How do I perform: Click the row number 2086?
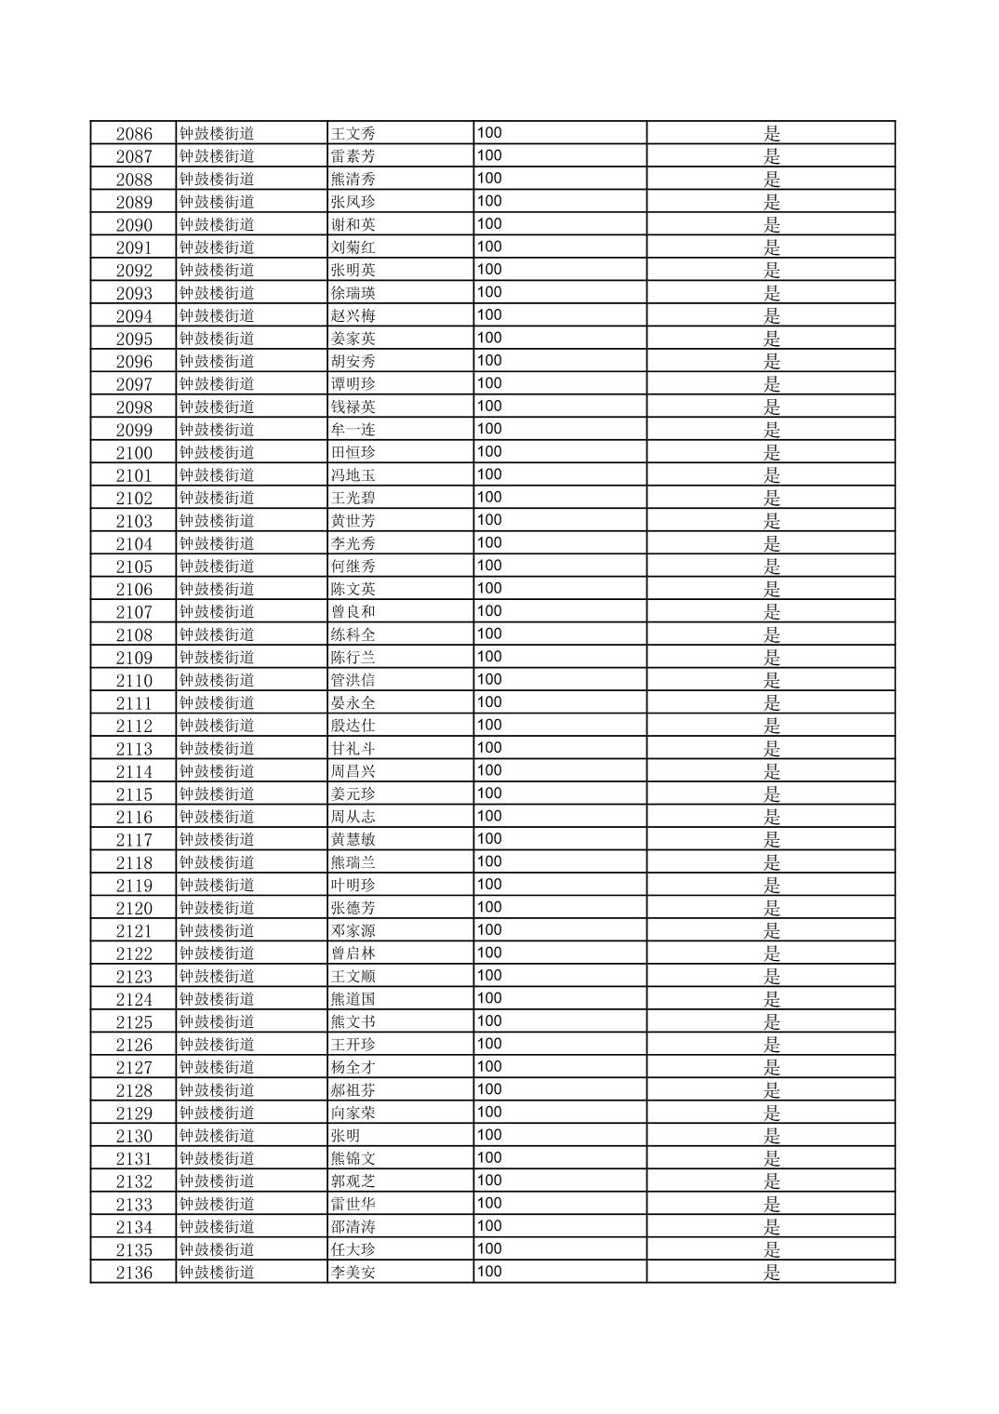pos(134,134)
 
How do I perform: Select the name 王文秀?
pos(353,134)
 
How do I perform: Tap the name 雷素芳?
pos(353,156)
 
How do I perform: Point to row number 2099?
pos(134,430)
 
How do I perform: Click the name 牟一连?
pos(353,430)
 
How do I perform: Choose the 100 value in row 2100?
pos(489,452)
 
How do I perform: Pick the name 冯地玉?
pos(353,475)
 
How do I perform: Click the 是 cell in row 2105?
pos(771,567)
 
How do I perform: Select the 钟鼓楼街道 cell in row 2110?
pos(217,680)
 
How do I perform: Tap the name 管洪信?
pos(353,680)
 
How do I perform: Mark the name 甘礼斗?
pos(353,749)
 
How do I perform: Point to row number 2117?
pos(134,840)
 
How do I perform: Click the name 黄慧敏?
pos(353,840)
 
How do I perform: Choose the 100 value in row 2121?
pos(489,930)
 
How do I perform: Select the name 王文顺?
pos(353,976)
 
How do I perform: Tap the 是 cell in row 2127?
pos(771,1067)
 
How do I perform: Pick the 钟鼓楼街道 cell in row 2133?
pos(217,1204)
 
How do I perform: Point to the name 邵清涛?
pos(353,1227)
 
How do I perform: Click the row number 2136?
pos(134,1273)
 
